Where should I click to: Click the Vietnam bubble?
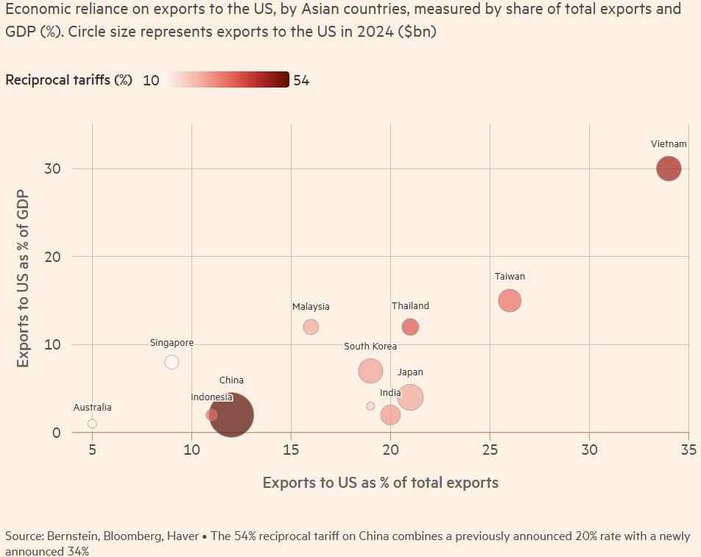[x=669, y=168]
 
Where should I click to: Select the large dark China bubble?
[x=232, y=415]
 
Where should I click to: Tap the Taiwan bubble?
[x=510, y=300]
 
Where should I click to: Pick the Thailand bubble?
[x=410, y=327]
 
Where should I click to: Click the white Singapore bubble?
[x=172, y=362]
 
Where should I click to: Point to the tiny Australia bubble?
[x=92, y=424]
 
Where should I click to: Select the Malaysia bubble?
[x=311, y=327]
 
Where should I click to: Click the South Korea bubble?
[x=370, y=371]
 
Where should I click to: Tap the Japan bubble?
[x=410, y=397]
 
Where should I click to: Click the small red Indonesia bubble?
[x=211, y=415]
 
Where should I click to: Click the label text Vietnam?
[x=669, y=144]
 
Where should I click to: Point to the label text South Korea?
[x=370, y=347]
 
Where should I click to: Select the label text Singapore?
[x=172, y=343]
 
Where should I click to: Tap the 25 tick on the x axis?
[x=490, y=449]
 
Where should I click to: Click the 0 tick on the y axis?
[x=56, y=433]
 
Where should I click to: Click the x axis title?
[x=381, y=483]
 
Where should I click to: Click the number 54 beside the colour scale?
[x=301, y=80]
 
